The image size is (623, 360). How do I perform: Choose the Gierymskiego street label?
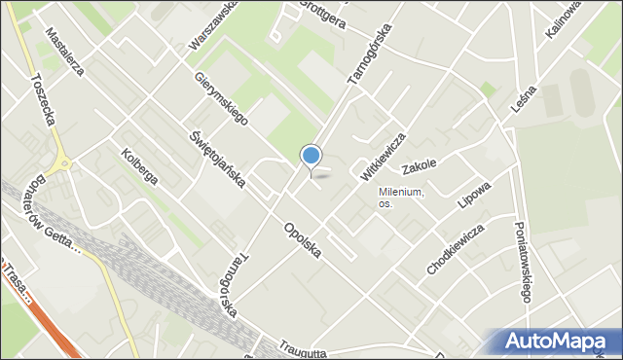(221, 96)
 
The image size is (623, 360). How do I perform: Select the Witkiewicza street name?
(383, 156)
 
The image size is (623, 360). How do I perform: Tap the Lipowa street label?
(474, 195)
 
